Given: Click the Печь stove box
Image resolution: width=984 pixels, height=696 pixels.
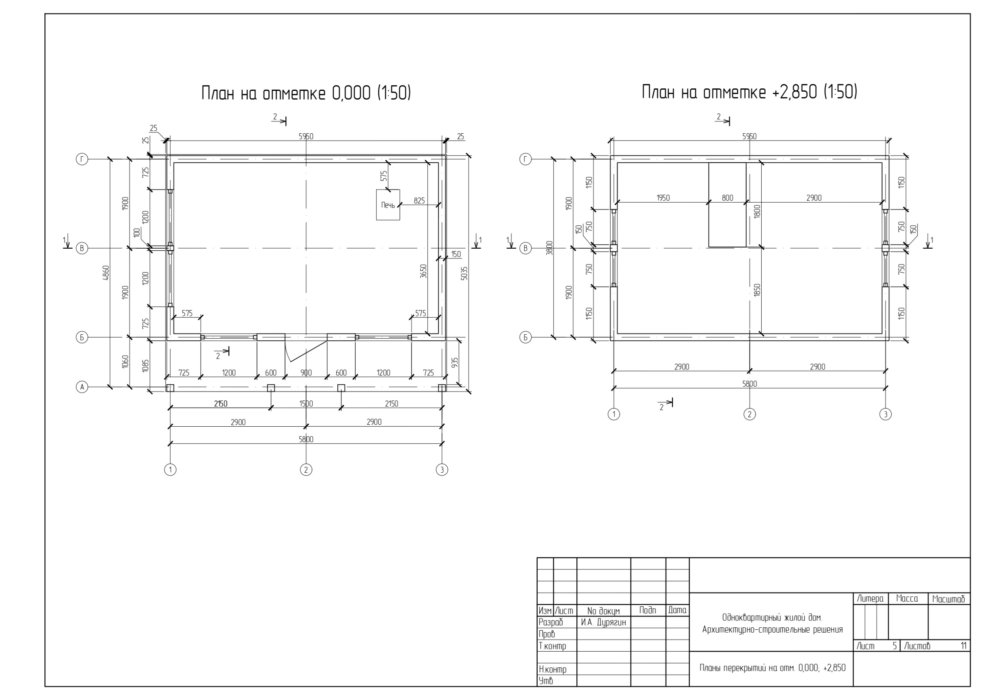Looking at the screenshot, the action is tap(388, 205).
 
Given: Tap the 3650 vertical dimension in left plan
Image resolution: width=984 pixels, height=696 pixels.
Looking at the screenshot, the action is tap(423, 271).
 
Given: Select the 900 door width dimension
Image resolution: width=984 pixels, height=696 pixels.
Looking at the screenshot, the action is tap(306, 373).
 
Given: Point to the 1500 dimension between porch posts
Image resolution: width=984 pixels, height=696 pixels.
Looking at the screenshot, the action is tap(306, 404).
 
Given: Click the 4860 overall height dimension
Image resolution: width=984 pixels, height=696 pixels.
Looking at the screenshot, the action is tap(106, 273).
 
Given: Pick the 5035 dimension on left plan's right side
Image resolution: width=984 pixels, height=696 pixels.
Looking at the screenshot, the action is tap(465, 274).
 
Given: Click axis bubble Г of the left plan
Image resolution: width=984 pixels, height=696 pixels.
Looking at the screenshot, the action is tap(82, 159).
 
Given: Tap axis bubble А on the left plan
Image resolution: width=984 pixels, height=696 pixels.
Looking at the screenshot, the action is tap(82, 388).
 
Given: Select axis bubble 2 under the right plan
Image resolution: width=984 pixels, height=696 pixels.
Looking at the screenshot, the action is tap(750, 415).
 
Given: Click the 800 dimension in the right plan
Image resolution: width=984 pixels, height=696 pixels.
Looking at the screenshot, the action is tap(727, 198).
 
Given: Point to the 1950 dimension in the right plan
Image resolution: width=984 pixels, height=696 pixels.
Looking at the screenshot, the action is tap(663, 198).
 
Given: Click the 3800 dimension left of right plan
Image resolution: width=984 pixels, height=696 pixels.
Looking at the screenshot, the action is tap(550, 248).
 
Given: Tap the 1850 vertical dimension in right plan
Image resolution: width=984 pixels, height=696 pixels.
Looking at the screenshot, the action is tap(757, 291).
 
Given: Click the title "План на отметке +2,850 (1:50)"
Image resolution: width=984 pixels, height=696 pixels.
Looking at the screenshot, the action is tap(750, 92).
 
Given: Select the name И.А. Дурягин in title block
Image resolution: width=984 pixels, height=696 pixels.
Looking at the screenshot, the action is tap(603, 623).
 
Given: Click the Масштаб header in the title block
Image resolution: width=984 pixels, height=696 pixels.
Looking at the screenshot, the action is tap(949, 599).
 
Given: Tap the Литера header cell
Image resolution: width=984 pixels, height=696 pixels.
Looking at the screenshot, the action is tap(871, 599).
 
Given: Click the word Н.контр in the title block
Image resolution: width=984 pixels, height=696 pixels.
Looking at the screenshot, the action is tap(553, 669).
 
